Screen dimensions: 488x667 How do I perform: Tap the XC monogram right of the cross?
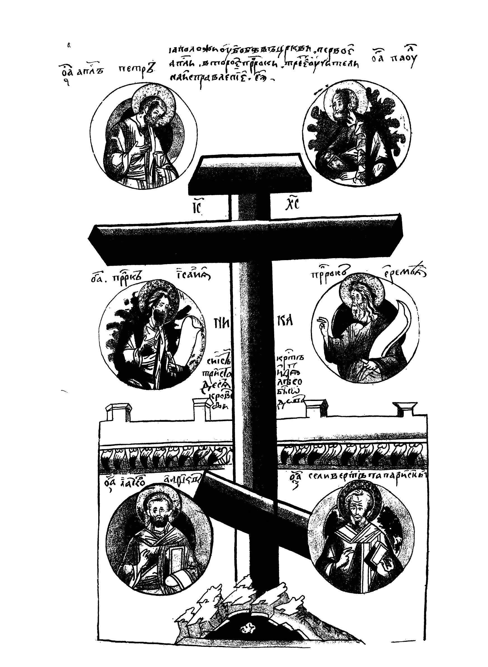292,204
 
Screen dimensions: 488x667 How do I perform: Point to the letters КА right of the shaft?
285,321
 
